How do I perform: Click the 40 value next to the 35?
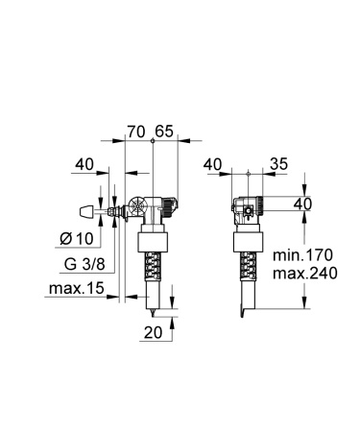215,164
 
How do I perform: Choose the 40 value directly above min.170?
302,204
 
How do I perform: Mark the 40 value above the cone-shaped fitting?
84,164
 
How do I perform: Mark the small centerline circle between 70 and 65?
153,141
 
